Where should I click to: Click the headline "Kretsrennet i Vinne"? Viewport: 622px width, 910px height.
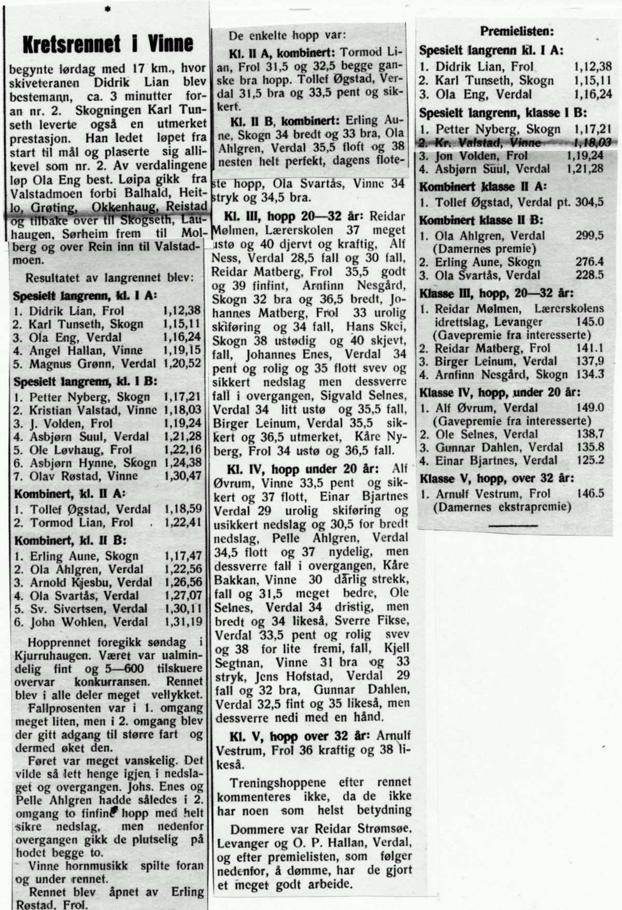click(108, 44)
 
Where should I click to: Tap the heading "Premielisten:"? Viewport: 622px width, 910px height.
click(516, 31)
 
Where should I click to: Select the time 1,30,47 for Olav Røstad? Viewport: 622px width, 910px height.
click(182, 476)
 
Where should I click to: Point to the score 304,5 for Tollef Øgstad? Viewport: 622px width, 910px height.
click(590, 202)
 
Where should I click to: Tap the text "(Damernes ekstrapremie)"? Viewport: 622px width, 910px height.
click(503, 506)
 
